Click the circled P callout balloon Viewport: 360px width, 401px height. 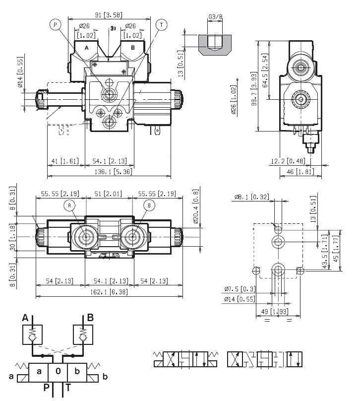(x=55, y=24)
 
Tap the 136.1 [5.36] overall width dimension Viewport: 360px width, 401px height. (x=109, y=172)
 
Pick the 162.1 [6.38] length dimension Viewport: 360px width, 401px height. (x=109, y=293)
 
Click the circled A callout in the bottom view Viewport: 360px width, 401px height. (x=69, y=205)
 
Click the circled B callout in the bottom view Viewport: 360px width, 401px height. (x=148, y=205)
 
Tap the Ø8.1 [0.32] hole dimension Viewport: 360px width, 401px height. (x=252, y=197)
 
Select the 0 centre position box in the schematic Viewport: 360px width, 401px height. (x=58, y=371)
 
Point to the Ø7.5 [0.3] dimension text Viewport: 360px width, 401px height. (x=241, y=289)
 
